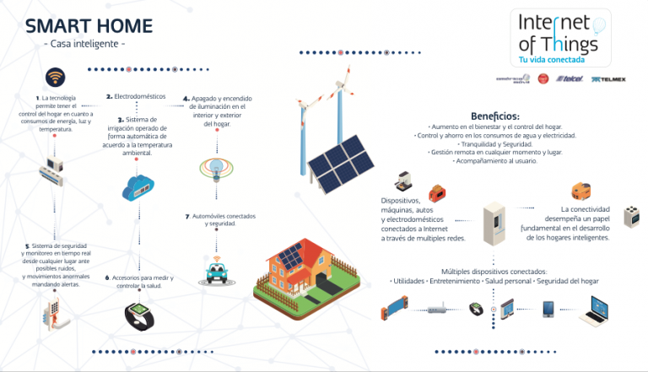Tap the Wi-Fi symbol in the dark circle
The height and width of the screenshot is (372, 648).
tap(57, 78)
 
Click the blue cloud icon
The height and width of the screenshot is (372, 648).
tap(138, 187)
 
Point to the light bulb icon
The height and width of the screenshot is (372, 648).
tap(213, 166)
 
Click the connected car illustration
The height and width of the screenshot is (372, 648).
tap(214, 271)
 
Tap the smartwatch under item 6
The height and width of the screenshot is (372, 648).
tap(138, 315)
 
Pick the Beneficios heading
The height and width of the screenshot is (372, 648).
tap(494, 116)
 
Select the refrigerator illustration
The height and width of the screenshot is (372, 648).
tap(494, 224)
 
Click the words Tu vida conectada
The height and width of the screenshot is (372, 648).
tap(553, 61)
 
